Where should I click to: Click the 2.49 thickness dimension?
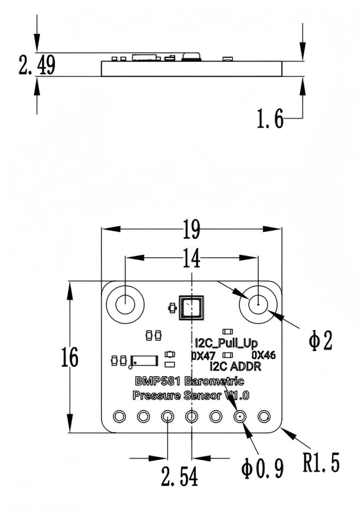(37, 65)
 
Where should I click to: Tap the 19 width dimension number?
(192, 229)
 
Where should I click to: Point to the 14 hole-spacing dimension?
(192, 258)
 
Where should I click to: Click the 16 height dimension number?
(70, 357)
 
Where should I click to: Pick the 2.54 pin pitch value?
(179, 476)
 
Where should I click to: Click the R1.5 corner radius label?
(321, 462)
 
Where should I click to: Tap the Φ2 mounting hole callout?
(320, 341)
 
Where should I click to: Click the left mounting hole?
(125, 304)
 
